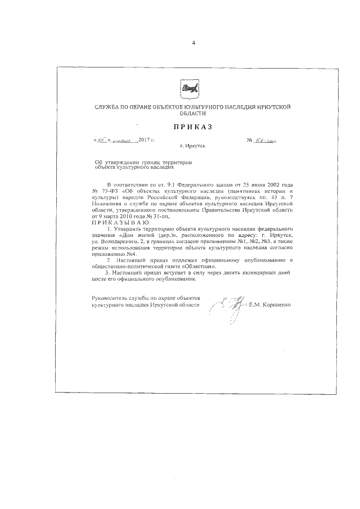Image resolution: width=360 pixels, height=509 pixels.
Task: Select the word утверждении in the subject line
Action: [125, 163]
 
